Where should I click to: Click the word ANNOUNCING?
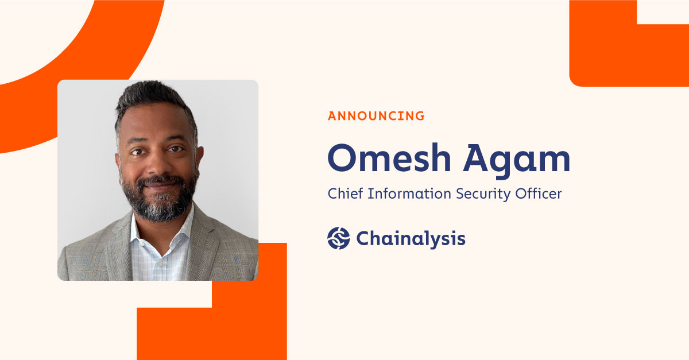pyautogui.click(x=376, y=116)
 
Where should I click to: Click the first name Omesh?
pyautogui.click(x=389, y=157)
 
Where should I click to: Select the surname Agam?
pyautogui.click(x=517, y=161)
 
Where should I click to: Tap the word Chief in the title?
pyautogui.click(x=346, y=193)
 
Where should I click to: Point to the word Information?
pyautogui.click(x=409, y=193)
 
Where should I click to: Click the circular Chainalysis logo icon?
pyautogui.click(x=338, y=238)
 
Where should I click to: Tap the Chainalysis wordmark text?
pyautogui.click(x=411, y=239)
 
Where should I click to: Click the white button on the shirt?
pyautogui.click(x=160, y=264)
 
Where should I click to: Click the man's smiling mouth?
pyautogui.click(x=160, y=186)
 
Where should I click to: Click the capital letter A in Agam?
pyautogui.click(x=476, y=157)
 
